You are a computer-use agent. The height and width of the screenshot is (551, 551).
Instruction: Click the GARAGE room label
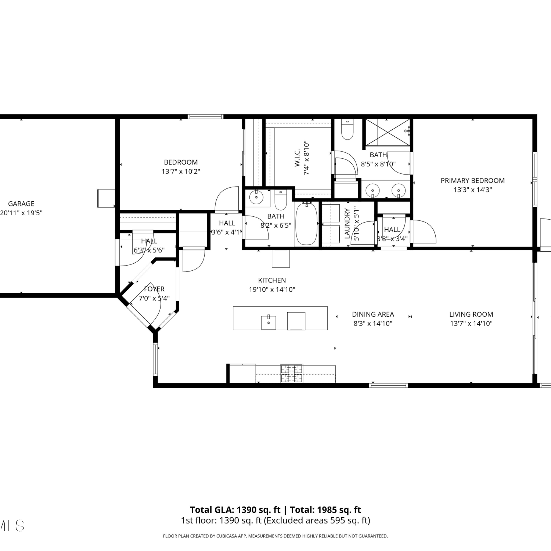click(x=21, y=204)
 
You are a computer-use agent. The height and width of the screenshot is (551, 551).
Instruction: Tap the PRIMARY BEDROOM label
click(x=472, y=181)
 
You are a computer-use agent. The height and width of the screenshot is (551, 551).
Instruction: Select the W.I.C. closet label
click(x=298, y=158)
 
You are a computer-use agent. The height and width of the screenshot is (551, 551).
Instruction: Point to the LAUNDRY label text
click(x=347, y=224)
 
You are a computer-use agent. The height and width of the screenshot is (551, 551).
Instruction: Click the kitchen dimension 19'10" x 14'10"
click(x=272, y=289)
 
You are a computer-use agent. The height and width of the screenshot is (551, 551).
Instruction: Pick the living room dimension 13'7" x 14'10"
click(x=471, y=324)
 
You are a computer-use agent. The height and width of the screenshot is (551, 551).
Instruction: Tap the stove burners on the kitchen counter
click(x=292, y=374)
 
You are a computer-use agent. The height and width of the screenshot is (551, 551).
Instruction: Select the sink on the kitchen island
click(x=269, y=322)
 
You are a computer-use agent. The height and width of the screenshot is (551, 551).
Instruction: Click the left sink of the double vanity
click(x=373, y=191)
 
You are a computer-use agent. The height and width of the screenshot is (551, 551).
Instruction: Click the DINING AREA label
click(x=373, y=314)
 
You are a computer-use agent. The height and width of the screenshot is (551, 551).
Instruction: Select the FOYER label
click(x=154, y=289)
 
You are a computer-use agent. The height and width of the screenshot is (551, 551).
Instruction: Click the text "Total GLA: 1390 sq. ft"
click(x=235, y=510)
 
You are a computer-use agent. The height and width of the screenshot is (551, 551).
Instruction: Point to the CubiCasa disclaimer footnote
click(x=275, y=536)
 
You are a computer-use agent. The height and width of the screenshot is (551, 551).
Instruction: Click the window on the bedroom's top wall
click(x=205, y=117)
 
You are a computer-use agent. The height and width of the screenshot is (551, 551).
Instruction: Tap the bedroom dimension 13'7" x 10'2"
click(x=181, y=172)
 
